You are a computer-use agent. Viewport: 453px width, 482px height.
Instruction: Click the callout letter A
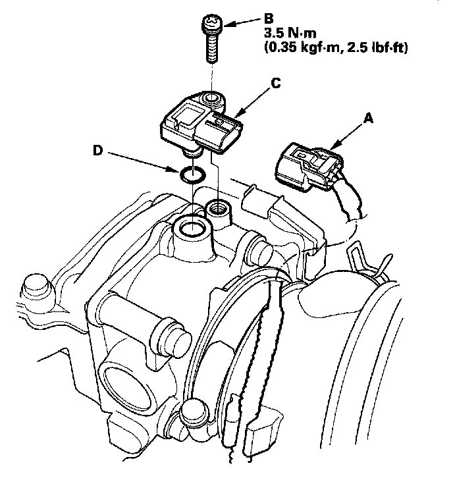pos(368,119)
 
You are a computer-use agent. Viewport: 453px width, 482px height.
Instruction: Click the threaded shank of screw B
pos(213,49)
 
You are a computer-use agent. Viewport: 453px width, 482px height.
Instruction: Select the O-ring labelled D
pos(193,175)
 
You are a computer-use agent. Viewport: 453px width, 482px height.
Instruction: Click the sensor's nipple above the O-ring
pos(194,153)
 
